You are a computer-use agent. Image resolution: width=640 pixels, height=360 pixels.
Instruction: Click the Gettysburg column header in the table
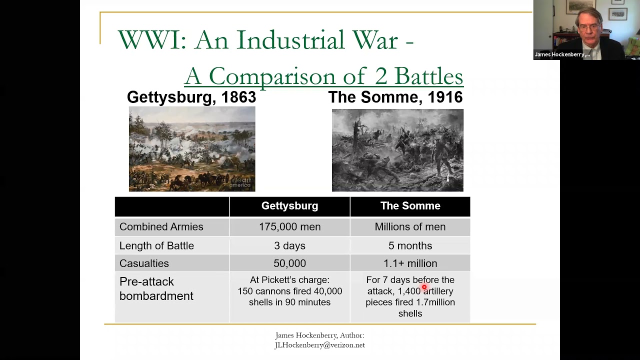pyautogui.click(x=289, y=206)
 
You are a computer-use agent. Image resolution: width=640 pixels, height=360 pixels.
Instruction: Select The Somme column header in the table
pyautogui.click(x=410, y=206)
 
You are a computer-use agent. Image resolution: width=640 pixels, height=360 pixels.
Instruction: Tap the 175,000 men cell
pyautogui.click(x=289, y=227)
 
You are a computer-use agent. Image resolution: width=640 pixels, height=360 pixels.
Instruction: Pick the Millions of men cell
pyautogui.click(x=410, y=227)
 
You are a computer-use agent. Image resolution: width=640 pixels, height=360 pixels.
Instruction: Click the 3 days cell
pyautogui.click(x=289, y=246)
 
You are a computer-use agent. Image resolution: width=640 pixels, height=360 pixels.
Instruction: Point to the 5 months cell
pyautogui.click(x=410, y=246)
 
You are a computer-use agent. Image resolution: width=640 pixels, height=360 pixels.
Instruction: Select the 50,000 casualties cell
pyautogui.click(x=289, y=263)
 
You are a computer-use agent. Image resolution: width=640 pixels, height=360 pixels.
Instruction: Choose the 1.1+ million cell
pyautogui.click(x=410, y=263)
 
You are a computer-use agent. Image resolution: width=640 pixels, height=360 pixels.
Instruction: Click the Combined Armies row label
pyautogui.click(x=161, y=227)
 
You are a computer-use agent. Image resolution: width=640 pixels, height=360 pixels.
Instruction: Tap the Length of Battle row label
pyautogui.click(x=156, y=246)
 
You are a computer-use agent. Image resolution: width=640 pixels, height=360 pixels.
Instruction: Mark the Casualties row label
pyautogui.click(x=144, y=263)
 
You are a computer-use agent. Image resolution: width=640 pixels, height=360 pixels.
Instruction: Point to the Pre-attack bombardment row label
pyautogui.click(x=156, y=289)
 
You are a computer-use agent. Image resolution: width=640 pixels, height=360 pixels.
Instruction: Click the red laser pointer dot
pyautogui.click(x=424, y=287)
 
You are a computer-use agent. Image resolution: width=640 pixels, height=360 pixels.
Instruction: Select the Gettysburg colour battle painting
pyautogui.click(x=192, y=149)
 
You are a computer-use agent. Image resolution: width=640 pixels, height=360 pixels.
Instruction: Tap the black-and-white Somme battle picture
pyautogui.click(x=397, y=150)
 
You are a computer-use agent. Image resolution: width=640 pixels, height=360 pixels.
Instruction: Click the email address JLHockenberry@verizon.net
pyautogui.click(x=319, y=345)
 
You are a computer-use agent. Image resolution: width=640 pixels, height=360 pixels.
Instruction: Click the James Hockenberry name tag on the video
pyautogui.click(x=562, y=54)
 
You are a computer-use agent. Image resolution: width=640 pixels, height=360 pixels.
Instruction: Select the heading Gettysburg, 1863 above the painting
pyautogui.click(x=191, y=97)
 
